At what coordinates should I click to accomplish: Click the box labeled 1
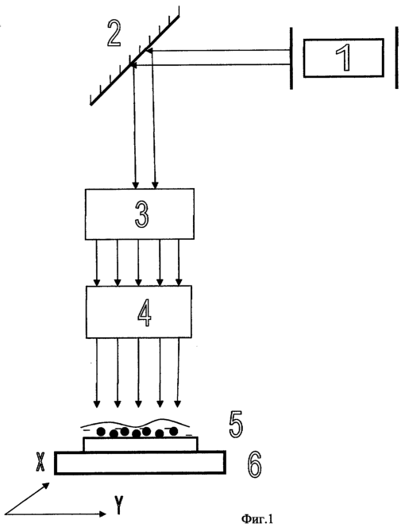[x=343, y=58]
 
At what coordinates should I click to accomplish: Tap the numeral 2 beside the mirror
[x=114, y=33]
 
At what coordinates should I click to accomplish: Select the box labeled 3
[x=140, y=214]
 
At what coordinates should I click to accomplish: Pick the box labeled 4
[x=139, y=312]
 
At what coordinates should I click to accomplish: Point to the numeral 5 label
[x=236, y=425]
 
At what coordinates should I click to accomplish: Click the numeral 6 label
[x=254, y=464]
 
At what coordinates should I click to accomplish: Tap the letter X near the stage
[x=40, y=463]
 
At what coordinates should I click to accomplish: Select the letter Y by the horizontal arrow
[x=118, y=505]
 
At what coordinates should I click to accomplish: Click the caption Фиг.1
[x=256, y=519]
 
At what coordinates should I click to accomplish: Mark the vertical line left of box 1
[x=291, y=58]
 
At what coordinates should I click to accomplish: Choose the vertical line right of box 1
[x=396, y=58]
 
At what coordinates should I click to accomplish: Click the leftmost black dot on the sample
[x=101, y=432]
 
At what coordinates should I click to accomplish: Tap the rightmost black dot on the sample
[x=174, y=431]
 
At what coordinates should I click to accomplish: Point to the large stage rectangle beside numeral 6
[x=140, y=463]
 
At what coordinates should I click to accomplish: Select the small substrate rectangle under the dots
[x=141, y=444]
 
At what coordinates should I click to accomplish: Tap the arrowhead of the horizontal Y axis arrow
[x=102, y=514]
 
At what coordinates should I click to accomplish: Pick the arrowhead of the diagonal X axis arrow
[x=46, y=486]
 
